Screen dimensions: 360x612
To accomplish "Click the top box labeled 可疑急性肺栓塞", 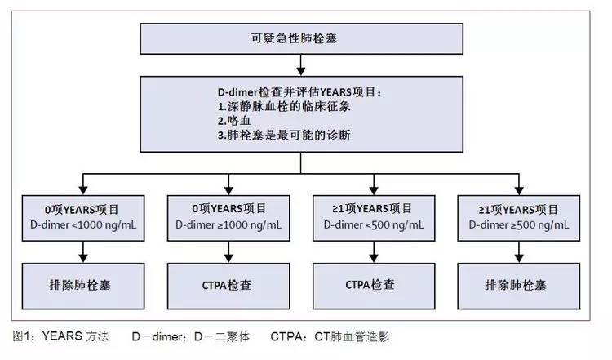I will point(304,38).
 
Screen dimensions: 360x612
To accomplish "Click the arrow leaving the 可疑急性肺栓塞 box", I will point(304,63).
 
